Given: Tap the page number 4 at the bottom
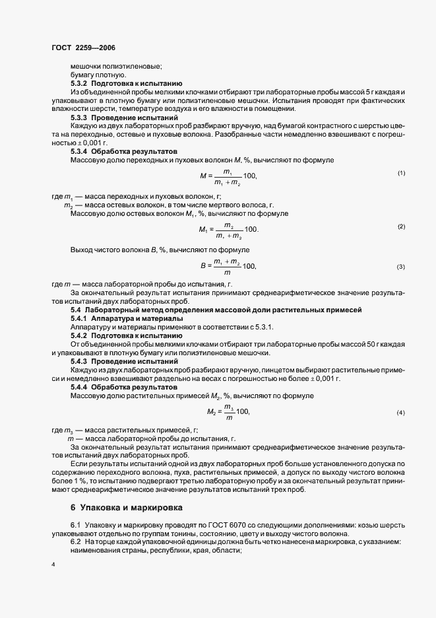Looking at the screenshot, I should pos(53,565).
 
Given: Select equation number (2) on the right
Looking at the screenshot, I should pos(401,226).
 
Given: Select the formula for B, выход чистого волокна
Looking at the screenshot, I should pos(228,266).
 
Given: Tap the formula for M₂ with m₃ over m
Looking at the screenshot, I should pos(228,411).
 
